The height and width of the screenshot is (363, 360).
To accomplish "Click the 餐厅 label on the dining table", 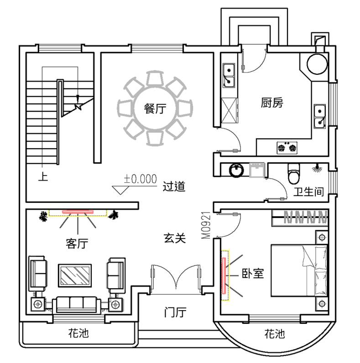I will pyautogui.click(x=155, y=109).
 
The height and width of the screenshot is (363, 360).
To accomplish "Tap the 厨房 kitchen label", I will pyautogui.click(x=272, y=103).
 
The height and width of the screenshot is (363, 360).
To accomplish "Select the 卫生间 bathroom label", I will pyautogui.click(x=308, y=192).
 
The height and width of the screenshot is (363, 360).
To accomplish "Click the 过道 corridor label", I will pyautogui.click(x=174, y=186).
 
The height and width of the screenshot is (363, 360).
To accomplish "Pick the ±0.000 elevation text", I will pyautogui.click(x=140, y=178).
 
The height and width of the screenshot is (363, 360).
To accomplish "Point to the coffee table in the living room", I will pyautogui.click(x=75, y=275).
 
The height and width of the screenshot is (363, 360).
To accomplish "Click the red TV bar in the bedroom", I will pyautogui.click(x=224, y=276).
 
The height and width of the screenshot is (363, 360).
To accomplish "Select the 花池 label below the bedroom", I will pyautogui.click(x=274, y=334).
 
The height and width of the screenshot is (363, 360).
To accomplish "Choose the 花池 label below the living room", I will pyautogui.click(x=78, y=333).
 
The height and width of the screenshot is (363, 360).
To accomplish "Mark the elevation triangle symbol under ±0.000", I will pyautogui.click(x=120, y=190).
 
